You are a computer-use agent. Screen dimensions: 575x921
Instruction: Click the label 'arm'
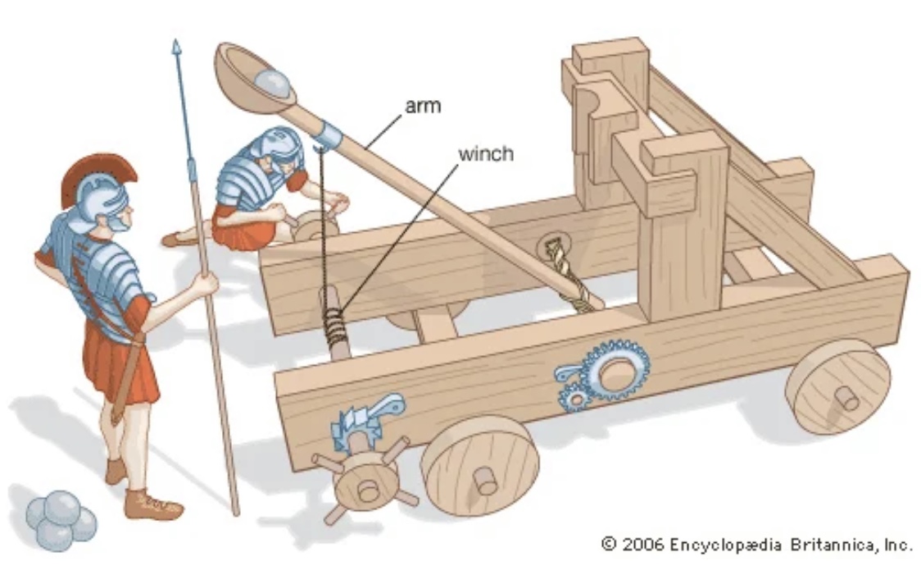[423, 107]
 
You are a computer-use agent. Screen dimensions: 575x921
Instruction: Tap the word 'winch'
[485, 153]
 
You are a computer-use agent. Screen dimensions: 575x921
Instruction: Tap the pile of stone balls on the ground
[61, 518]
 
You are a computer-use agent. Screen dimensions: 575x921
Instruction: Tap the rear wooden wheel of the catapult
[837, 386]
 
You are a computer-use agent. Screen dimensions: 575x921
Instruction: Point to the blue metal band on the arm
[328, 133]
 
